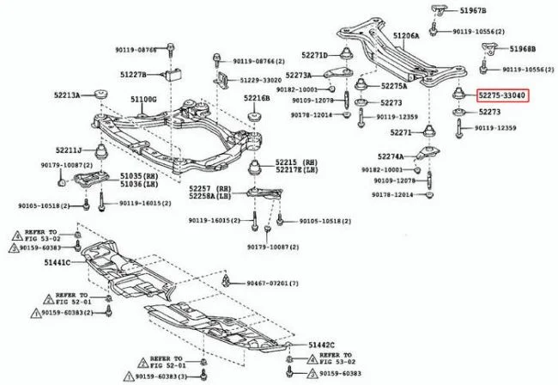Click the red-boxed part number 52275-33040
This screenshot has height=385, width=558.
point(502,95)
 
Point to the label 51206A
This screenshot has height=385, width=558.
point(406,36)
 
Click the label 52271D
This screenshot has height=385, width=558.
point(315,55)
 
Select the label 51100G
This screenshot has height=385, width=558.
point(143,100)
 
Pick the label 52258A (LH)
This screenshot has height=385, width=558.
point(211,196)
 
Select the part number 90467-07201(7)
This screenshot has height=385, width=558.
point(273,283)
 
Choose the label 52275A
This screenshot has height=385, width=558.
point(395,86)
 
